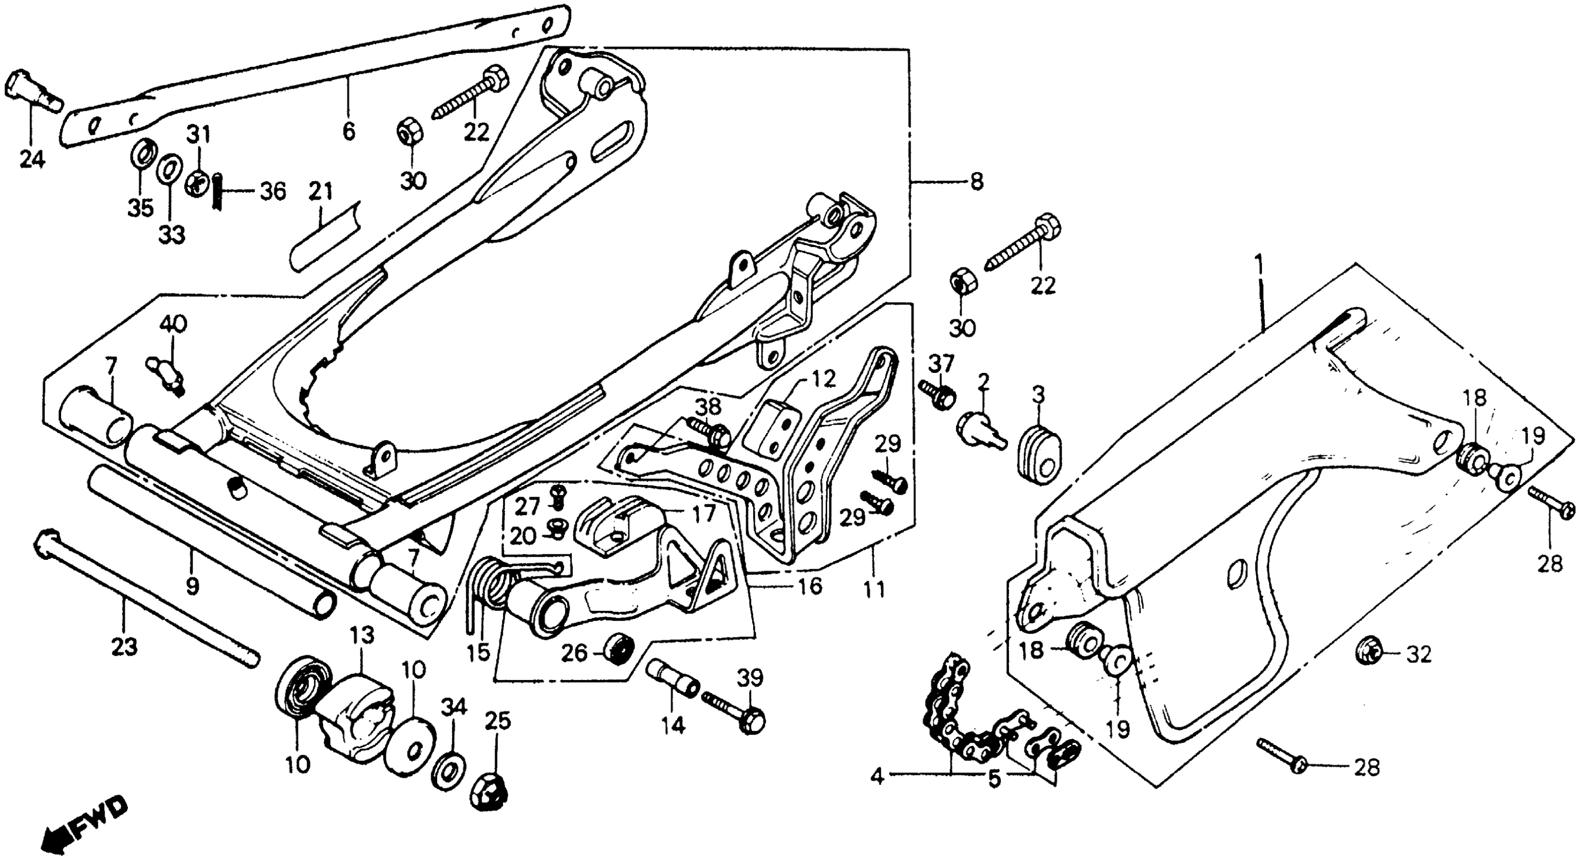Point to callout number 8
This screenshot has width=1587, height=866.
click(x=976, y=182)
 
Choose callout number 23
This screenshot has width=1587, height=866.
click(x=124, y=647)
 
